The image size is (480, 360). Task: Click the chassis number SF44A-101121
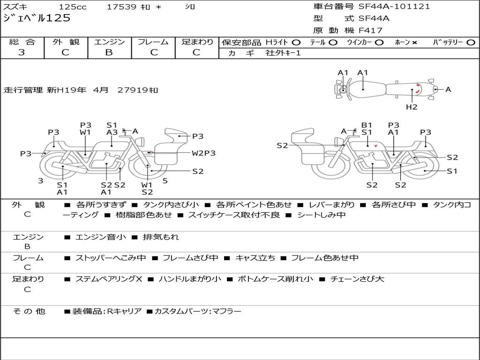point(394,7)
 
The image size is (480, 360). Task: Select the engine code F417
point(370,30)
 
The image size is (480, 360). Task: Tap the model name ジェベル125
point(37,18)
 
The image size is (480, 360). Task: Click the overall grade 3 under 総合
point(22,52)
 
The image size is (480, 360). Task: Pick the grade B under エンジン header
point(109,52)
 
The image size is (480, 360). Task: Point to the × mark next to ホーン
point(414,43)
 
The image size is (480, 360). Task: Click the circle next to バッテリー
point(471,43)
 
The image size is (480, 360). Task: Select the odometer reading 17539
point(121,7)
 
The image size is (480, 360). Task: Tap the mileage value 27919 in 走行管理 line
point(133,90)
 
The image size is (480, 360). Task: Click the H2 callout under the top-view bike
point(412,107)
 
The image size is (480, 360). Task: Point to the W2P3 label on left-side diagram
point(203,153)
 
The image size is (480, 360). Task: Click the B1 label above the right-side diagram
point(367,125)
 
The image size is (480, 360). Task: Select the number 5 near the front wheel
point(165,181)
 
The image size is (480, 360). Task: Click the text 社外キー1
point(283,53)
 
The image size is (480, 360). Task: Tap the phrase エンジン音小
point(100,237)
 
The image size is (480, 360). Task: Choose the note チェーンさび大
point(357,279)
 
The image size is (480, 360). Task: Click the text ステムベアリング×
point(109,279)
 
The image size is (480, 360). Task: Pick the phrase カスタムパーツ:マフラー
point(198,311)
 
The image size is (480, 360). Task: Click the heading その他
point(29,311)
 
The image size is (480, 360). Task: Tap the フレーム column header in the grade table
point(153,42)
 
